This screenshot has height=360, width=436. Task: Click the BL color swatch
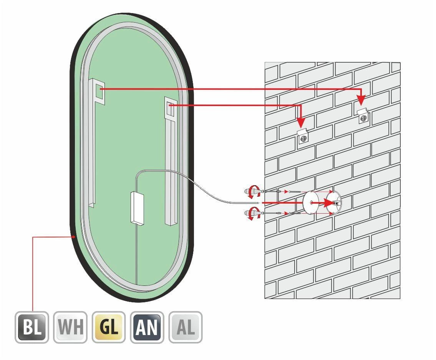click(x=32, y=327)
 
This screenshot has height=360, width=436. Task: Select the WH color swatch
click(x=70, y=327)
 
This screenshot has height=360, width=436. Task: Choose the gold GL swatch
click(x=109, y=327)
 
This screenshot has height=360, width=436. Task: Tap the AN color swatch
click(x=147, y=327)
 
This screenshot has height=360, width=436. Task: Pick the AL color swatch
click(x=186, y=327)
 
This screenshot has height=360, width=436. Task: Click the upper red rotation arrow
click(x=252, y=190)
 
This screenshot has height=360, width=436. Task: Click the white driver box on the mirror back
click(x=137, y=207)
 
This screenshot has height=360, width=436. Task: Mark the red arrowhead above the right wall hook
click(x=361, y=100)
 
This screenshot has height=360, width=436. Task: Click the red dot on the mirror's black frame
click(x=73, y=237)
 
